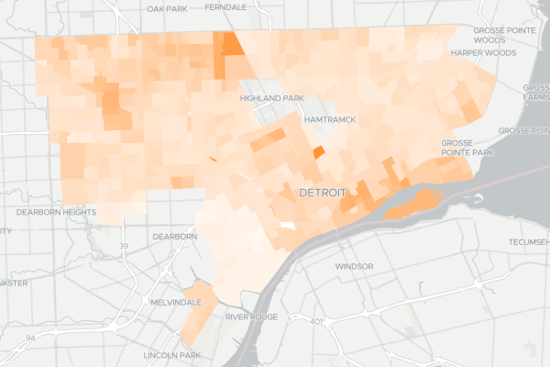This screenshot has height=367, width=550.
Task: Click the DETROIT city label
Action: pos(322,194)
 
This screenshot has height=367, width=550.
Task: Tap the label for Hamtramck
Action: pos(328,119)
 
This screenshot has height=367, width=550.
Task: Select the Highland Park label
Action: pos(270,98)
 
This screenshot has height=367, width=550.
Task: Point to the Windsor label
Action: pos(354,266)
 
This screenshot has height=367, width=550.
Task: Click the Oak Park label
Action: pos(169,7)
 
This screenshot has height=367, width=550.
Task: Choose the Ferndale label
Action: pos(225,6)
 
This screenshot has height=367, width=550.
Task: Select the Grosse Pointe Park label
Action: pos(468,149)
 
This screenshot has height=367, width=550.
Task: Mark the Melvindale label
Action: pos(170,301)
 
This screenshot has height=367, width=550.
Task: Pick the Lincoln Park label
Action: pos(171,355)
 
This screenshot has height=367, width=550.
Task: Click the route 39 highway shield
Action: pos(123,246)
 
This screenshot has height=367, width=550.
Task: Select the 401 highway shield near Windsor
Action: pos(316,321)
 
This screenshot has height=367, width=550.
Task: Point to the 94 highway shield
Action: pos(29,339)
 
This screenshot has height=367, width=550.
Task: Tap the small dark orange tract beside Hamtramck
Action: pos(319,152)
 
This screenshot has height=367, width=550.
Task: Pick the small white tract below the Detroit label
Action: pos(287,226)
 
